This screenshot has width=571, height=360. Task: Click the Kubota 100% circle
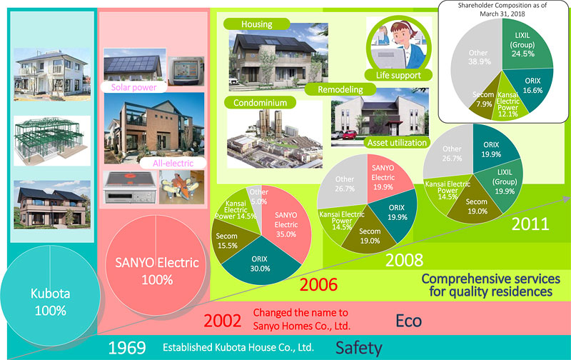50,296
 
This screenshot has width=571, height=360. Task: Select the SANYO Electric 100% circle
156,265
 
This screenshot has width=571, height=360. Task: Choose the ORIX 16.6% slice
530,87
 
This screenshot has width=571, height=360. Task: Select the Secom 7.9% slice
485,100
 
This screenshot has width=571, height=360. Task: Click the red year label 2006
318,284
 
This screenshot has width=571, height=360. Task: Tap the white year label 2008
404,260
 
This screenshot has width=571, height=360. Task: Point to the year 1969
127,348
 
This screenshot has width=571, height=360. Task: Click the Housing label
257,24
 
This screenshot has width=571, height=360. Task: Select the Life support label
398,75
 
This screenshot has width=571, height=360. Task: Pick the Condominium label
260,103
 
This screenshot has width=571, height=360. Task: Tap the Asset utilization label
397,142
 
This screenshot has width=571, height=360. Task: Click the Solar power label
133,87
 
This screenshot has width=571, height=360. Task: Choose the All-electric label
173,163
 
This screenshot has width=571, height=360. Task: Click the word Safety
359,348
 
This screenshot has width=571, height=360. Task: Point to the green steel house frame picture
52,141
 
